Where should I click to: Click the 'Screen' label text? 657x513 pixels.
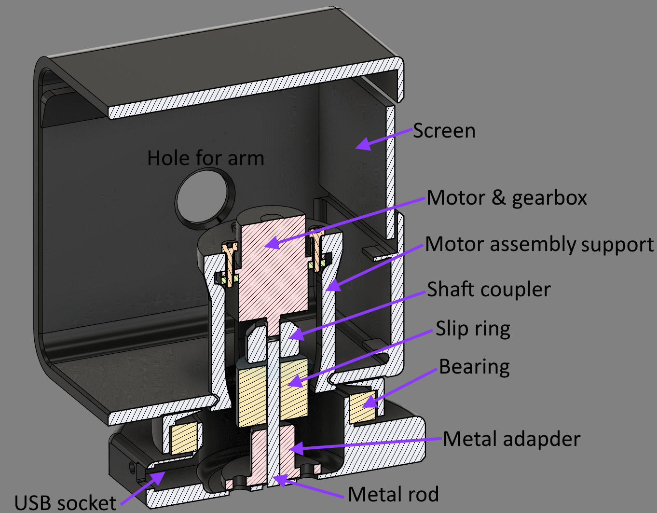coord(444,131)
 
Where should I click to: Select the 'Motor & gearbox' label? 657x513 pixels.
coord(506,198)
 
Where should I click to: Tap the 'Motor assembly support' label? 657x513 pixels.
coord(539,244)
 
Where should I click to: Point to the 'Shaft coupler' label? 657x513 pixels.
coord(489,290)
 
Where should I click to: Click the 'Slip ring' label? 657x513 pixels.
coord(473,329)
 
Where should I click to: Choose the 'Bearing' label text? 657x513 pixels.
coord(474,367)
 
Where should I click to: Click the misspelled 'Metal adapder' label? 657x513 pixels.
coord(511,439)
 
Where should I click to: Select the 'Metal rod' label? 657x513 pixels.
coord(393,494)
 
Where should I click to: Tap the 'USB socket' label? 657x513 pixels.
coord(65,502)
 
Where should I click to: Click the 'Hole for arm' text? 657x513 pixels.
coord(205,158)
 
